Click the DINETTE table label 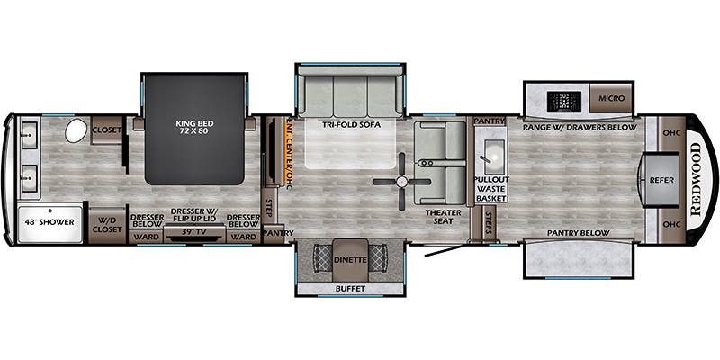pos(349,259)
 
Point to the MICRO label pos(610,97)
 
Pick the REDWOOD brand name pos(696,179)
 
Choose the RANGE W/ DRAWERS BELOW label pos(572,127)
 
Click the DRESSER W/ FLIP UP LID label pos(193,216)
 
